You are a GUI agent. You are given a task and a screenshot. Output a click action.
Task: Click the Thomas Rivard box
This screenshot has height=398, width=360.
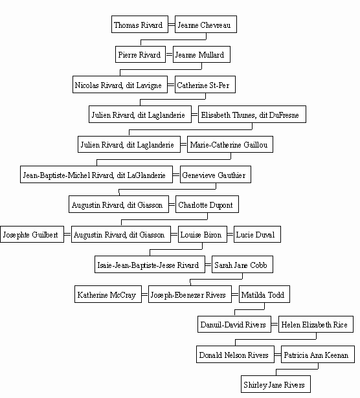pyautogui.click(x=140, y=25)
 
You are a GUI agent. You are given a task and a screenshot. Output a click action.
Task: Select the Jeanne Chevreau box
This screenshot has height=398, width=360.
pyautogui.click(x=206, y=25)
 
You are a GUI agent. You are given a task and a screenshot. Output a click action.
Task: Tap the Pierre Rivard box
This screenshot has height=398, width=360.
pyautogui.click(x=141, y=54)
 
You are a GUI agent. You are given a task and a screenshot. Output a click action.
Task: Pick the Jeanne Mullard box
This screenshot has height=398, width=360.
pyautogui.click(x=201, y=54)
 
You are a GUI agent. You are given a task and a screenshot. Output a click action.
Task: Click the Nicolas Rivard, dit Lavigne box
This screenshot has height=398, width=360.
pyautogui.click(x=120, y=84)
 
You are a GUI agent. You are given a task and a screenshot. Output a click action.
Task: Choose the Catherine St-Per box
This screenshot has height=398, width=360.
pyautogui.click(x=205, y=84)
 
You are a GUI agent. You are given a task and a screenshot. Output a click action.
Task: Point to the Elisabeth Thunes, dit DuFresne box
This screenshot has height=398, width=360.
pyautogui.click(x=252, y=114)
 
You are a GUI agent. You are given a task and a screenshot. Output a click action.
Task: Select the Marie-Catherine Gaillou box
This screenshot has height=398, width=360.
pyautogui.click(x=230, y=144)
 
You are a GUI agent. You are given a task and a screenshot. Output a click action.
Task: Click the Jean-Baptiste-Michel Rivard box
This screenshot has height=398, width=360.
pyautogui.click(x=96, y=174)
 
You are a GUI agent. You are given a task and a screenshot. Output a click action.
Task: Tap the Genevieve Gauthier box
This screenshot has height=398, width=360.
pyautogui.click(x=216, y=174)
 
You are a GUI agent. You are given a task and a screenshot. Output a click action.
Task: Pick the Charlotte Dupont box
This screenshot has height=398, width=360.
pyautogui.click(x=207, y=204)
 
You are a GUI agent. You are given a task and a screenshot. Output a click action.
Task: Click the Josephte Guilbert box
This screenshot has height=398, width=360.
pyautogui.click(x=32, y=234)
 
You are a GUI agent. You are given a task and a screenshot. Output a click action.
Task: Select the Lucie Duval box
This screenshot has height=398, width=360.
pyautogui.click(x=257, y=234)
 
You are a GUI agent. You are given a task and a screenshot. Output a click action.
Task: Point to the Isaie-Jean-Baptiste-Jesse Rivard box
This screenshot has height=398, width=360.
pyautogui.click(x=150, y=265)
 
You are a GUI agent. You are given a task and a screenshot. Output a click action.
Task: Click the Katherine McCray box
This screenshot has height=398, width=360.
pyautogui.click(x=108, y=294)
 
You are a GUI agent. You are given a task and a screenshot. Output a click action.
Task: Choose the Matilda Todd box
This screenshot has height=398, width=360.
pyautogui.click(x=264, y=294)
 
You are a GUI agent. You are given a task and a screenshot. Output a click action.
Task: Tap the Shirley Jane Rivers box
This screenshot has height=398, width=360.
pyautogui.click(x=276, y=384)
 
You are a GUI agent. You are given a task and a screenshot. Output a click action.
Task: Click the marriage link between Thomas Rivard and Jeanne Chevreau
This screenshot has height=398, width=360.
pyautogui.click(x=172, y=25)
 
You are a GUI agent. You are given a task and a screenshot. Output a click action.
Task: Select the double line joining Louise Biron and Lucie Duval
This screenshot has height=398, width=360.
pyautogui.click(x=231, y=234)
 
